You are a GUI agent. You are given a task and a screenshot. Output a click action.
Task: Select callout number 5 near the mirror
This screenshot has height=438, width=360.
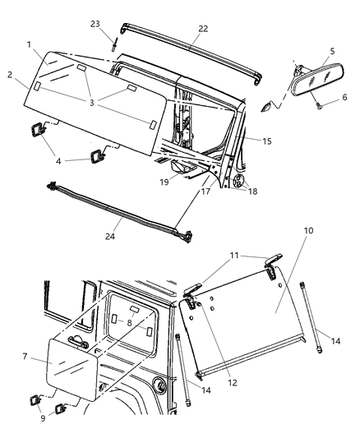pos(332,51)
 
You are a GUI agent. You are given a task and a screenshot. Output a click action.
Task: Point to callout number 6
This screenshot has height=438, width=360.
pos(344,97)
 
